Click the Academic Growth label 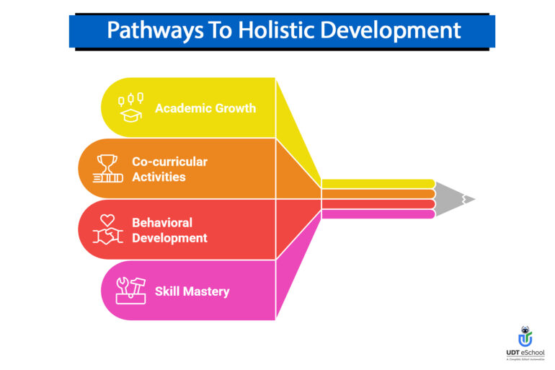[205, 108]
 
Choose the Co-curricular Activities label [169, 169]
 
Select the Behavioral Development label [169, 230]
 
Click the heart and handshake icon [107, 229]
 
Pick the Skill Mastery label [192, 291]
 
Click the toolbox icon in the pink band [131, 291]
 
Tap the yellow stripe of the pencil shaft [378, 183]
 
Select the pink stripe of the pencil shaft [378, 214]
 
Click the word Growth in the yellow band [232, 108]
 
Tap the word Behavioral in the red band [161, 222]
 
